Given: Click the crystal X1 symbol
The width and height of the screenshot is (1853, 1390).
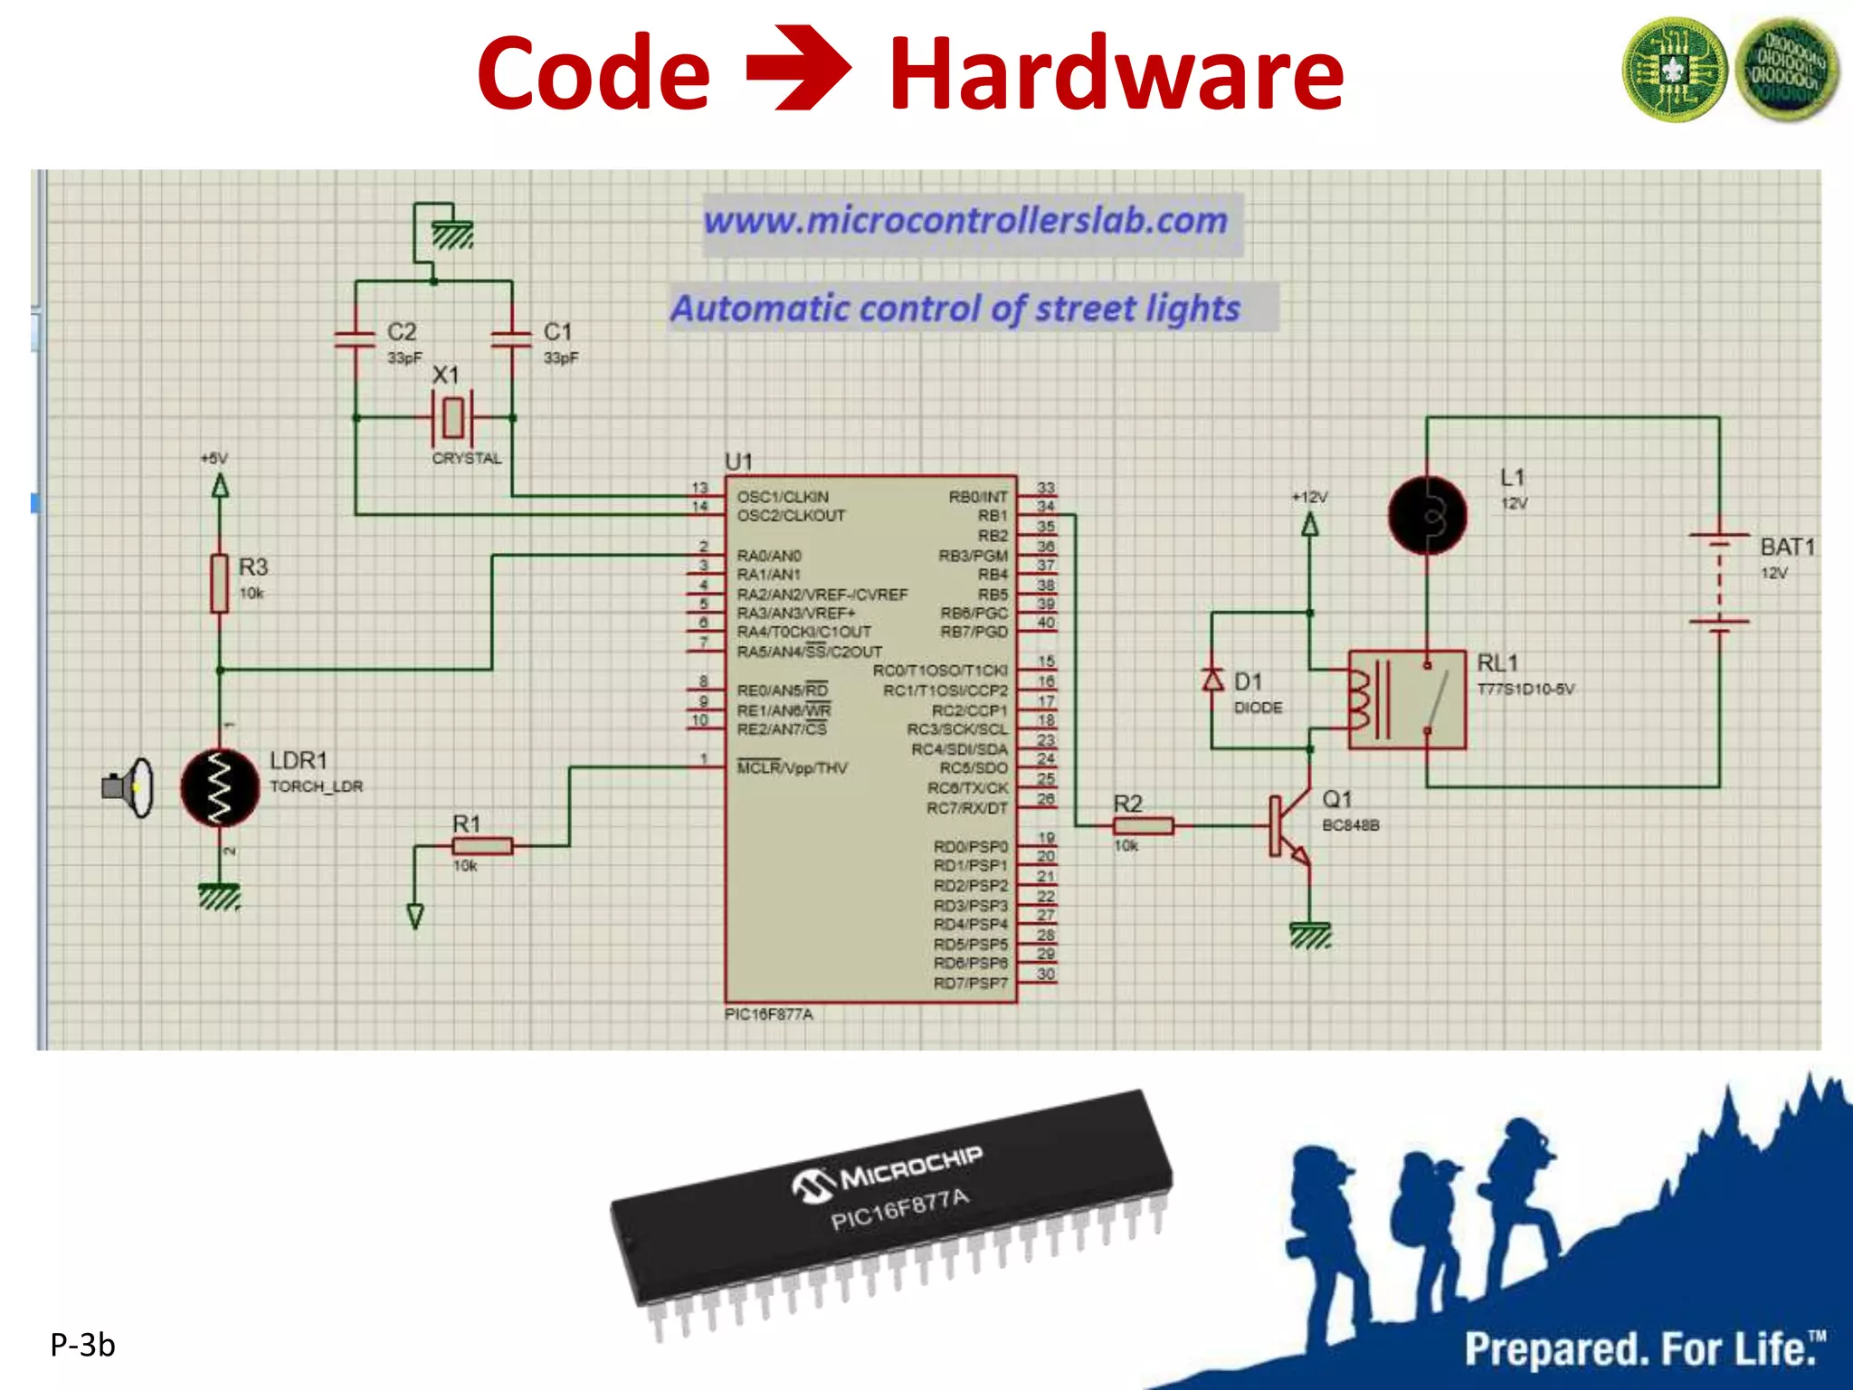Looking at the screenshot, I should (452, 417).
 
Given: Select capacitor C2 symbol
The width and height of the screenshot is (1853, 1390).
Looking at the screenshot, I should (355, 339).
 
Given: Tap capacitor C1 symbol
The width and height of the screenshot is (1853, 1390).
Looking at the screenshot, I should (511, 339).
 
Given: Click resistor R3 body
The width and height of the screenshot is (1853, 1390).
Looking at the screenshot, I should (219, 584).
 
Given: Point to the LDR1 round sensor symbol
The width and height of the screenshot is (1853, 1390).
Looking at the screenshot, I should (220, 787).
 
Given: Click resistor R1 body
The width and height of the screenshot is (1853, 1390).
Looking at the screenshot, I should (482, 846).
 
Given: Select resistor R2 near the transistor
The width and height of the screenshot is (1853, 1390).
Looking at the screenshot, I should (1143, 825).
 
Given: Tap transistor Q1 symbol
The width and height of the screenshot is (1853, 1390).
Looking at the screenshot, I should (1289, 825).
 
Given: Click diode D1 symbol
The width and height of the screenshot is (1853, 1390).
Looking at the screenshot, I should (1212, 679).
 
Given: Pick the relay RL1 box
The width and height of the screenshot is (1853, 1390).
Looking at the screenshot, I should (1406, 699).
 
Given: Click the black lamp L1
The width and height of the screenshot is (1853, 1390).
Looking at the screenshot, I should (1427, 516).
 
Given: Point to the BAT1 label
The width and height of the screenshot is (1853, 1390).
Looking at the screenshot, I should (1787, 547).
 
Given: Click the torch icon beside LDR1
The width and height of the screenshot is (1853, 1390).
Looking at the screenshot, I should (128, 787).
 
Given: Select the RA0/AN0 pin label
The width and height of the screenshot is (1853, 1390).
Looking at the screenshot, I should (769, 555).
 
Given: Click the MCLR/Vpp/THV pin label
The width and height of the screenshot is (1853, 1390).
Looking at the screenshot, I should (792, 767).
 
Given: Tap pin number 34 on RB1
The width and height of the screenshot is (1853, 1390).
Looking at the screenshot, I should (1045, 507).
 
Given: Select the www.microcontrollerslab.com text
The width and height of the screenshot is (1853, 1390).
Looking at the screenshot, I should (965, 220).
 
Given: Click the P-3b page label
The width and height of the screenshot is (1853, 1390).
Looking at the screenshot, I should (82, 1345).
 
